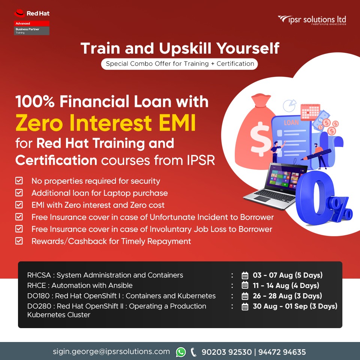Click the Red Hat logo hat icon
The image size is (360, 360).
click(x=19, y=13)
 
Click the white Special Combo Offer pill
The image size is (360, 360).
click(x=179, y=64)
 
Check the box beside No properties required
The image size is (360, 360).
click(x=19, y=181)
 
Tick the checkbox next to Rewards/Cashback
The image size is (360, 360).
click(x=19, y=241)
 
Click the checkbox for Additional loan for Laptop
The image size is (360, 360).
click(x=19, y=193)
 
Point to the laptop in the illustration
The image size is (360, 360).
click(x=276, y=186)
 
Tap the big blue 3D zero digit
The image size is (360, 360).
click(x=313, y=198)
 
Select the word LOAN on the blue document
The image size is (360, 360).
click(x=291, y=122)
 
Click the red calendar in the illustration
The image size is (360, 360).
click(x=310, y=112)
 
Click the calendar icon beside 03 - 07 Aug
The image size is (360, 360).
click(x=245, y=275)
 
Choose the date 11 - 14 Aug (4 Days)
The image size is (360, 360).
click(x=286, y=285)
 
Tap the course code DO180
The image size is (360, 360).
click(x=38, y=296)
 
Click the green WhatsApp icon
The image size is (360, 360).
click(x=181, y=352)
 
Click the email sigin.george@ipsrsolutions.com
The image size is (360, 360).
click(x=111, y=352)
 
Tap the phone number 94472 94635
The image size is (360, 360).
click(x=282, y=352)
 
